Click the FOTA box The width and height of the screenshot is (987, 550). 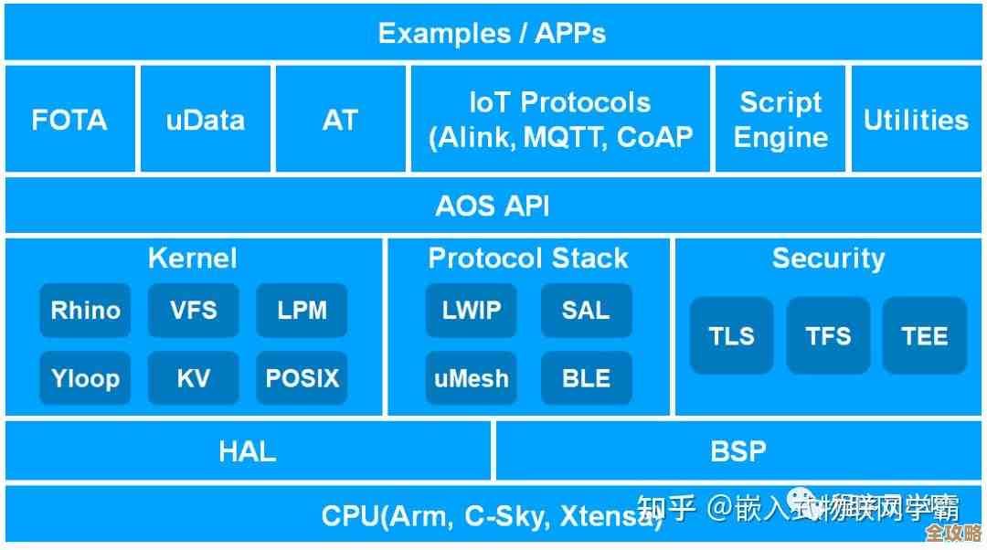69,120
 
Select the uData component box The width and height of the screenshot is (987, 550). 205,120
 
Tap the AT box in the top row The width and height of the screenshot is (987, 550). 340,120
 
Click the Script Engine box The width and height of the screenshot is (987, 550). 780,120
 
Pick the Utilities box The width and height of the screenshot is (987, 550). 917,120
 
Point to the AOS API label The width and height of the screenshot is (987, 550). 493,206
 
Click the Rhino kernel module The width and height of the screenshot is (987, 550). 85,311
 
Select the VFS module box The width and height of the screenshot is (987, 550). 194,311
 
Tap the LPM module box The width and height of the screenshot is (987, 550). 302,311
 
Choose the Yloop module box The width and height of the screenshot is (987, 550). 85,378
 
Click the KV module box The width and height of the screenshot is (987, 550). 194,378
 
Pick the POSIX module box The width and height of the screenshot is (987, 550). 302,378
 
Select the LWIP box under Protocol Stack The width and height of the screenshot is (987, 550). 472,311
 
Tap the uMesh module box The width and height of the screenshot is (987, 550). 472,378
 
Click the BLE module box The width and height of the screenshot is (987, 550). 586,378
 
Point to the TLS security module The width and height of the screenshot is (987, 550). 731,336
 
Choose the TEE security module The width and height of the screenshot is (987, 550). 925,336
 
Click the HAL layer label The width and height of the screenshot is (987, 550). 248,451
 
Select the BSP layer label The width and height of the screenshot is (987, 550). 738,451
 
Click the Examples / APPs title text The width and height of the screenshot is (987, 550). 493,34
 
